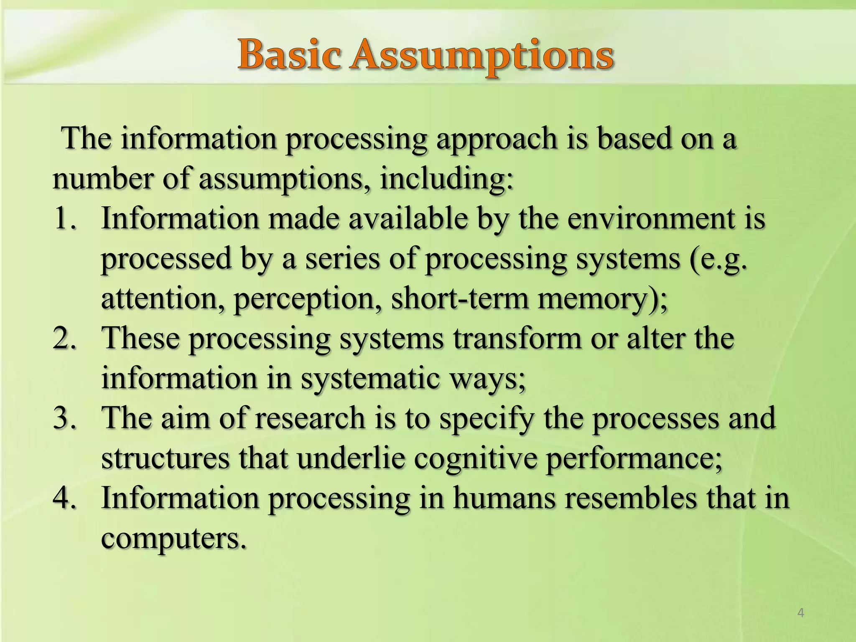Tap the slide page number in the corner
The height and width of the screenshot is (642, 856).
coord(800,613)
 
